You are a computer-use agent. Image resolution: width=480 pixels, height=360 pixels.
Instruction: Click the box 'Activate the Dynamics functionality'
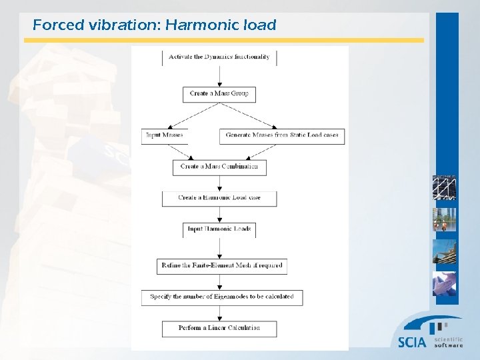pos(219,57)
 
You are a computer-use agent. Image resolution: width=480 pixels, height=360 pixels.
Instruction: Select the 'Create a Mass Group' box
pos(219,94)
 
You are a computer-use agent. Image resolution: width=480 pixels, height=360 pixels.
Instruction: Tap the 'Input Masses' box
pos(164,135)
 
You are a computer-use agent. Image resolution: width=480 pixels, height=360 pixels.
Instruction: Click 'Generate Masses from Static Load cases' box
pos(281,135)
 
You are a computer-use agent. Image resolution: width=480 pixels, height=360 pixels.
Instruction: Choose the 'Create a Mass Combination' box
pos(219,167)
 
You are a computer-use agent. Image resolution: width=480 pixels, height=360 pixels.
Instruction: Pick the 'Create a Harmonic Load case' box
pos(219,198)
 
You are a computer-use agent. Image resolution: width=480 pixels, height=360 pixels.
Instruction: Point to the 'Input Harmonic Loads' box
pos(219,229)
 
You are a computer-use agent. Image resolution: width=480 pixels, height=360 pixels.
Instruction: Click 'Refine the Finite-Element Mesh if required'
pos(222,265)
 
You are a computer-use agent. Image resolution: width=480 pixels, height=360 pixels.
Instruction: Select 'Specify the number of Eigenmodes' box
pos(222,297)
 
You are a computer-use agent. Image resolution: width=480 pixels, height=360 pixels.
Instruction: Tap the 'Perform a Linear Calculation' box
pos(219,328)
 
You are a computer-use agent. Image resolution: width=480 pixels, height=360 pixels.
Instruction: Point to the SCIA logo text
pos(411,342)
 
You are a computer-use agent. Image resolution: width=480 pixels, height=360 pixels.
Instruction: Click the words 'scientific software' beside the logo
pos(448,342)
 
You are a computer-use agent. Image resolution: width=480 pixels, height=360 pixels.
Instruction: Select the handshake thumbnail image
pos(444,283)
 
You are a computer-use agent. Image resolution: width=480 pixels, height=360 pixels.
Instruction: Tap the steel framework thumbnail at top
pos(444,187)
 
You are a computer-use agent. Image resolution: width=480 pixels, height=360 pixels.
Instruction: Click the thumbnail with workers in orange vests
pos(444,219)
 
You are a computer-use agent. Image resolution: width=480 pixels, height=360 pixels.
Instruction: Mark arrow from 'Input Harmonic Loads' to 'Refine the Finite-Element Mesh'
pos(219,248)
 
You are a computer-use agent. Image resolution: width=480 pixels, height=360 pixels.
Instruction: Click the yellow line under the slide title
pos(223,40)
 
